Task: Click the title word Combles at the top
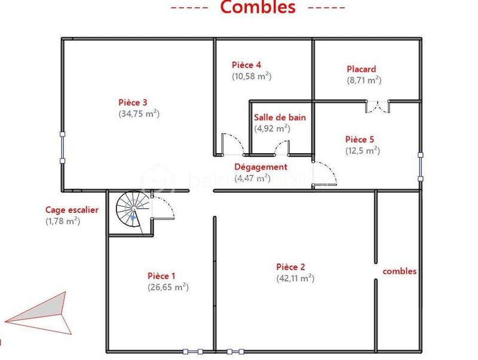tap(258, 8)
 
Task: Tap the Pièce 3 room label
tap(133, 102)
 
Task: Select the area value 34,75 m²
tap(139, 113)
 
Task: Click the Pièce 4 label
tap(246, 65)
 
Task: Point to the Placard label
tap(361, 69)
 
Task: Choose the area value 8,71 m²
tap(364, 80)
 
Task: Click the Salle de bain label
tap(280, 117)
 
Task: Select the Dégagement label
tap(261, 167)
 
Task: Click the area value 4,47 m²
tap(252, 178)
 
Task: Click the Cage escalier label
tap(72, 210)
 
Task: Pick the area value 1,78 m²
tap(63, 221)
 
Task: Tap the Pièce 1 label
tap(161, 276)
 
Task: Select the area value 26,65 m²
tap(168, 287)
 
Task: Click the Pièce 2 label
tap(290, 267)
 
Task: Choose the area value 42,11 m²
tap(295, 278)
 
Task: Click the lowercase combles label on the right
tap(400, 271)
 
